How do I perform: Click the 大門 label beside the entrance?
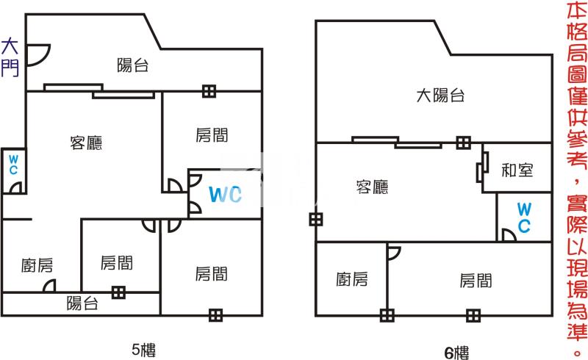pyautogui.click(x=10, y=57)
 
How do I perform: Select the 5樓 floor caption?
pyautogui.click(x=143, y=350)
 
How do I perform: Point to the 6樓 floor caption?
pyautogui.click(x=456, y=353)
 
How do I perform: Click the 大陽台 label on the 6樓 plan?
pyautogui.click(x=440, y=96)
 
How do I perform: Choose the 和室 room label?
pyautogui.click(x=517, y=170)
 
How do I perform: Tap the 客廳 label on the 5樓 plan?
pyautogui.click(x=86, y=143)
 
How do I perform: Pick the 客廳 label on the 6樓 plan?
pyautogui.click(x=372, y=187)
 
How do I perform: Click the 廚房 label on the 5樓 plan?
pyautogui.click(x=37, y=265)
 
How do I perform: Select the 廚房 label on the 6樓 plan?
pyautogui.click(x=352, y=279)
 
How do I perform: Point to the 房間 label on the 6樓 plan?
pyautogui.click(x=476, y=280)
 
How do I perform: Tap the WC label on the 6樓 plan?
pyautogui.click(x=524, y=217)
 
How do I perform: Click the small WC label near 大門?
pyautogui.click(x=13, y=165)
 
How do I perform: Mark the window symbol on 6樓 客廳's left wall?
pyautogui.click(x=316, y=219)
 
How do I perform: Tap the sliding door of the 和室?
pyautogui.click(x=482, y=168)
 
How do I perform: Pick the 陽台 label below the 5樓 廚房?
pyautogui.click(x=82, y=303)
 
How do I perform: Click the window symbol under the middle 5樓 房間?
pyautogui.click(x=118, y=292)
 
